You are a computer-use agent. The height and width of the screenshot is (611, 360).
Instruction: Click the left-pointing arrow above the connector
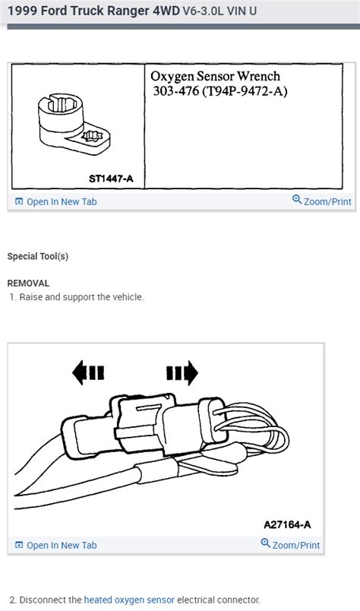[88, 372]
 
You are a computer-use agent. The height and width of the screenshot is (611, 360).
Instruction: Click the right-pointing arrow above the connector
[182, 372]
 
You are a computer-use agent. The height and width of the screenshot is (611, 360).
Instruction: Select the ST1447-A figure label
[110, 178]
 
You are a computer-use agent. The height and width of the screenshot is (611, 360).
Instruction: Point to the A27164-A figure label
[287, 524]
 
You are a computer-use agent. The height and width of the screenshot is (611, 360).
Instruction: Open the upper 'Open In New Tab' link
[62, 201]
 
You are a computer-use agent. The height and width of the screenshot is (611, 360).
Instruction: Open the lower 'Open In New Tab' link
[62, 545]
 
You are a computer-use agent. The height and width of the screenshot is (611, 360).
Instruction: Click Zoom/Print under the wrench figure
[321, 201]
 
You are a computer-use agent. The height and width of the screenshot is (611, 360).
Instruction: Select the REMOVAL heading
[28, 283]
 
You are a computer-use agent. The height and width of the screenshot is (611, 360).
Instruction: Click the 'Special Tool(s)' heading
[37, 257]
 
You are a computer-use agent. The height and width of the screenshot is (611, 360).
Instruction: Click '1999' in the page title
[22, 11]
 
